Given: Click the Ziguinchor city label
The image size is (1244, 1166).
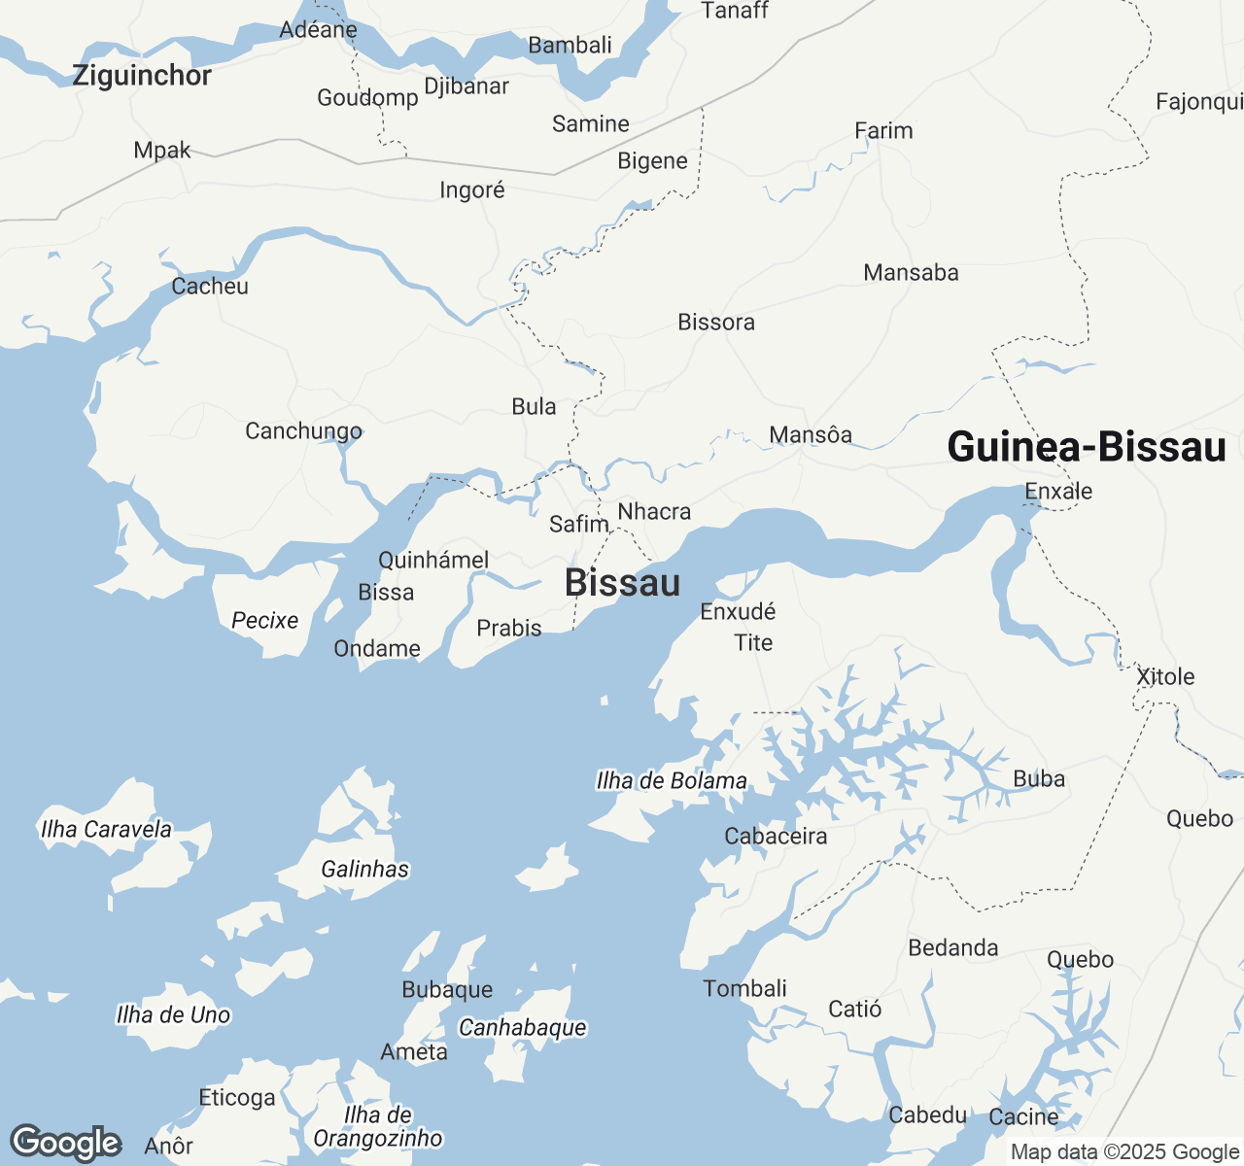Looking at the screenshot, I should [x=142, y=76].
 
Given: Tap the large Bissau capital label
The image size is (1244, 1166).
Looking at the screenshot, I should [x=622, y=583].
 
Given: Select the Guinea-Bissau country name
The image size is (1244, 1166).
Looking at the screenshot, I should [x=1087, y=447].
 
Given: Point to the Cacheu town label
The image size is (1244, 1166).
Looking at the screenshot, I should [x=210, y=287].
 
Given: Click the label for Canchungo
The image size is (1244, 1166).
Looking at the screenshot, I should [x=303, y=431].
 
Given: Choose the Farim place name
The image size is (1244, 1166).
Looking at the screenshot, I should [x=883, y=131].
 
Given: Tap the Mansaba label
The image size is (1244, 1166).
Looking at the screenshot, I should [x=911, y=273].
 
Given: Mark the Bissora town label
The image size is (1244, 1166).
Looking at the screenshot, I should [x=716, y=323].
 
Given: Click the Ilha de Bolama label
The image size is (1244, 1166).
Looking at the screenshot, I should [x=672, y=781].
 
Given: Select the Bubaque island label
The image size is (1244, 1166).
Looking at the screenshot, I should [x=447, y=990].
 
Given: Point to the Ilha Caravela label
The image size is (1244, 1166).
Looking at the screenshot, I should [x=106, y=830].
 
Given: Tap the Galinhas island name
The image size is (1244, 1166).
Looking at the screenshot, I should [x=365, y=870].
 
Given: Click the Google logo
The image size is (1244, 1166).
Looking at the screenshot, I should [x=65, y=1143].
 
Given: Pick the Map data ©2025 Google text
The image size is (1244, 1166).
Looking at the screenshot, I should [x=1124, y=1152].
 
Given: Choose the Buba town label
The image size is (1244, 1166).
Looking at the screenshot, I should [x=1039, y=779].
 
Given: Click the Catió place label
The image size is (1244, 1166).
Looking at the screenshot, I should [x=855, y=1010].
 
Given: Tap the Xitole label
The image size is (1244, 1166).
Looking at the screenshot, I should [x=1165, y=677].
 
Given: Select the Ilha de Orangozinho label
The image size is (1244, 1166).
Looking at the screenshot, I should [x=378, y=1127].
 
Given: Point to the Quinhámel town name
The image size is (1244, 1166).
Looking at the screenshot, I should [x=433, y=561].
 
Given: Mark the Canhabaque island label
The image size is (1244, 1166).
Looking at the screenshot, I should [x=523, y=1028].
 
